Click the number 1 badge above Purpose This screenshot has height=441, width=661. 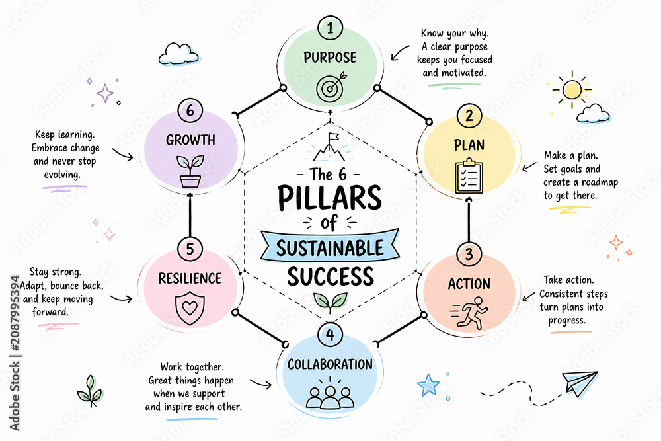coord(330,28)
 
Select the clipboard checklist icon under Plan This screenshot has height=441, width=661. coord(469,176)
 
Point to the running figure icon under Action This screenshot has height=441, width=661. coord(469,313)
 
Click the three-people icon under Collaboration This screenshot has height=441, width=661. coord(330,396)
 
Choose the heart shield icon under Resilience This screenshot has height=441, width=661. coord(190,307)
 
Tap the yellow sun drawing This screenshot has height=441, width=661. coord(572,89)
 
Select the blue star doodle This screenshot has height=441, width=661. coord(428,385)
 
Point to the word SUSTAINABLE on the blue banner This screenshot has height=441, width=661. coord(330,248)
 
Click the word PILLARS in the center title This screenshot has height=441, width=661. coord(330,197)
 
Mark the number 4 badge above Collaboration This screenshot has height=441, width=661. coord(330,335)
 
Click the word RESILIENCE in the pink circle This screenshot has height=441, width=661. coord(190,278)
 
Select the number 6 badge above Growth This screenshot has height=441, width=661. coord(190,110)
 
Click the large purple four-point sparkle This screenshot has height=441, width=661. coord(105,93)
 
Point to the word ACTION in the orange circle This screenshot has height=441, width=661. coord(469,284)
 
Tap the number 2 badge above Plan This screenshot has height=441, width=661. coord(469,116)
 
